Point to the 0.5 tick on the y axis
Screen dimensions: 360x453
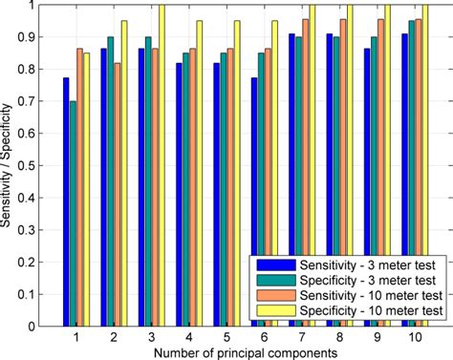(31, 165)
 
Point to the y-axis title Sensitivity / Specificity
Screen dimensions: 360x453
(9, 165)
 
